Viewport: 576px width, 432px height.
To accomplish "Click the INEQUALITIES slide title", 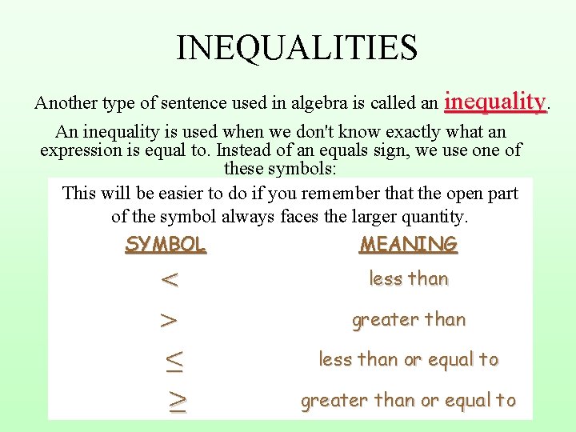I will (297, 47).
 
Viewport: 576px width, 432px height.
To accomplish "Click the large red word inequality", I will (495, 102).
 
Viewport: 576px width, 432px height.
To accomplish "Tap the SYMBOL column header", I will (166, 245).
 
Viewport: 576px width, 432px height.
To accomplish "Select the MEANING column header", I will (408, 245).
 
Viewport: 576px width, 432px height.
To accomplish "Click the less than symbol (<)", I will (169, 280).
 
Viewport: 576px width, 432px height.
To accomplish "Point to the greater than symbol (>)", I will (169, 321).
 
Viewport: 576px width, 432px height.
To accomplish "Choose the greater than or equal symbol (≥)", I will (177, 401).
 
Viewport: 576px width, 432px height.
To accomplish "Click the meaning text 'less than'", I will (408, 279).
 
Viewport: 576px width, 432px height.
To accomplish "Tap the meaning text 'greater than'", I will (408, 320).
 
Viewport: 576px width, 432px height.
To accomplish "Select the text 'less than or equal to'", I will (408, 360).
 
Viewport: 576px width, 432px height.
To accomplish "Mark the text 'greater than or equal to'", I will (408, 401).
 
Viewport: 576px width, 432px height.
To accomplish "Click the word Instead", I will (242, 150).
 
